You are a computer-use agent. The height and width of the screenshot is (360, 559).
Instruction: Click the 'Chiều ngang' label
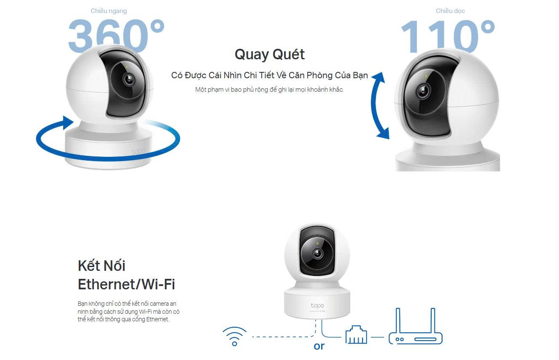pos(109,11)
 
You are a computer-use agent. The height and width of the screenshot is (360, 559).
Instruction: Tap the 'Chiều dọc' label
pos(450,11)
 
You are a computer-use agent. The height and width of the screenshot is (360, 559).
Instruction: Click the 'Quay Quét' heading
pos(269,55)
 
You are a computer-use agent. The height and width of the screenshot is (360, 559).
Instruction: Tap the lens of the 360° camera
pos(129,79)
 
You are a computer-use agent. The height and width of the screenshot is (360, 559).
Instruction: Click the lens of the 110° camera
pos(423,91)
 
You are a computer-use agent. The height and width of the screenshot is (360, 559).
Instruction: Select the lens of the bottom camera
pos(317,254)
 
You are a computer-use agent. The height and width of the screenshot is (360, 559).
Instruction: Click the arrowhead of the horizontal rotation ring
pos(67,122)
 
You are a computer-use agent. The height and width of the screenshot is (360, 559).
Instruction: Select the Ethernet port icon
pos(356,335)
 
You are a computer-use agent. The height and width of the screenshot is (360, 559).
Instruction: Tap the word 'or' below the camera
pos(319,346)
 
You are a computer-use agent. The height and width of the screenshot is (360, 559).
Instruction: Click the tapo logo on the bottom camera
pos(317,305)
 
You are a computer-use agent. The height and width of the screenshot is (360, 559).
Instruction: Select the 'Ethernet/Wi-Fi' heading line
pos(126,284)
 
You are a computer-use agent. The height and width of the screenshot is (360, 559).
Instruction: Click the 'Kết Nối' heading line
pos(101,266)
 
